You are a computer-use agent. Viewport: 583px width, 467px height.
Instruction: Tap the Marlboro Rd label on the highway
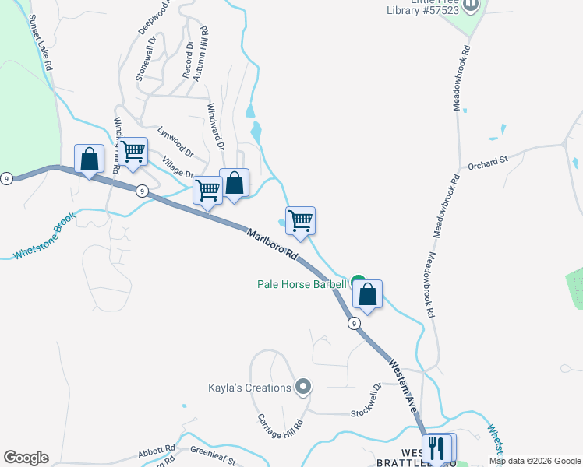tap(272, 244)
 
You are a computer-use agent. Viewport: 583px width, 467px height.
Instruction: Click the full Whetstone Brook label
tap(44, 236)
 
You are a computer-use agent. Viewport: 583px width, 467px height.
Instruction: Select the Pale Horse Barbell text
tap(302, 284)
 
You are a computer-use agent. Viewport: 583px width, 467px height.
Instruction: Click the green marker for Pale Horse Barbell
tap(358, 282)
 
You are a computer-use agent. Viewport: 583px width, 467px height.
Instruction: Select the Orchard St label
tap(488, 161)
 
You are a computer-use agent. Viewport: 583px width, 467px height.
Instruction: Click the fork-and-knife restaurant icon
tap(436, 448)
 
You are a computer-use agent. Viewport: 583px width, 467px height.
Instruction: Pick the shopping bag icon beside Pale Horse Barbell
tap(367, 295)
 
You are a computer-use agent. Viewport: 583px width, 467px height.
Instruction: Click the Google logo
tap(26, 458)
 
